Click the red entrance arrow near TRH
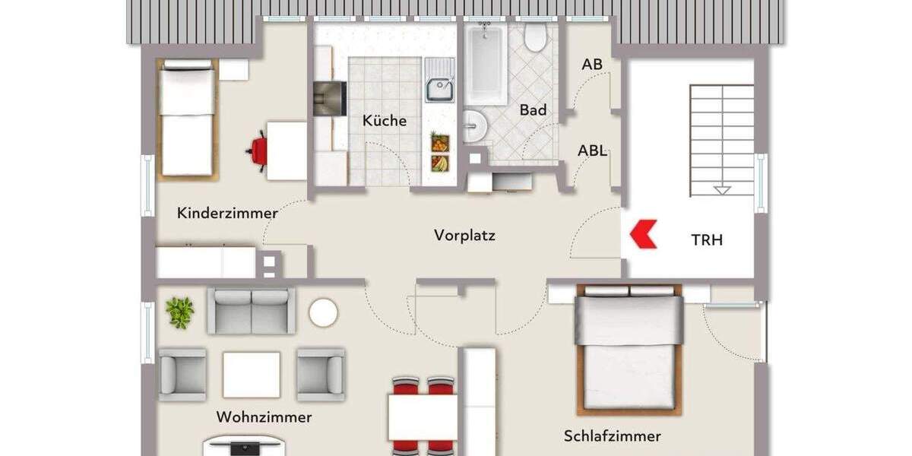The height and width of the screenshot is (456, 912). click(642, 234)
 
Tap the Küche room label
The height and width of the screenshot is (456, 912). click(384, 121)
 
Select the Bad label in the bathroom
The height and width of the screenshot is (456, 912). click(533, 110)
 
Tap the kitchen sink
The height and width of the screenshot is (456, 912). click(439, 89)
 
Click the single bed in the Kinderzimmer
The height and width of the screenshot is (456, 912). click(188, 121)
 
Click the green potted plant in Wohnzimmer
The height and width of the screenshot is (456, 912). click(179, 312)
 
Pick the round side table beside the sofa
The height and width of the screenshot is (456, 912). click(323, 312)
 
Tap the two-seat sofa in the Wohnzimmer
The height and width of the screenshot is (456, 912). click(251, 310)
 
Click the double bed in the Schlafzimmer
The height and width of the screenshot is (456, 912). click(629, 349)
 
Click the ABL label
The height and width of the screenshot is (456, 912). click(592, 150)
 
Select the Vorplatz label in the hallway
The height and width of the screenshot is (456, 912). click(464, 236)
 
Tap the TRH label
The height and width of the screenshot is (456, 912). click(706, 240)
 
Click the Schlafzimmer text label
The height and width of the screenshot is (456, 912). click(612, 436)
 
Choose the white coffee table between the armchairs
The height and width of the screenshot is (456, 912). click(251, 374)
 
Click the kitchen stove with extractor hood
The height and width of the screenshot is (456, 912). click(329, 98)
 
